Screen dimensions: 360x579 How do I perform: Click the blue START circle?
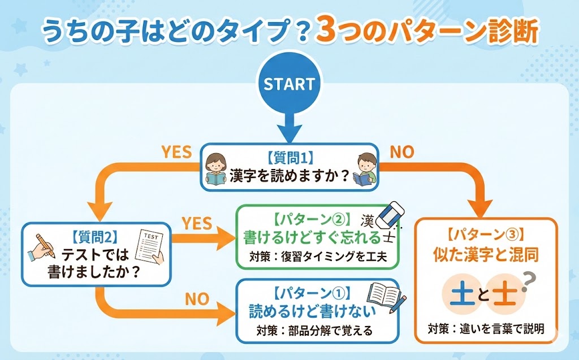[x=289, y=84]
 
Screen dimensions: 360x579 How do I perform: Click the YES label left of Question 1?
[x=176, y=152]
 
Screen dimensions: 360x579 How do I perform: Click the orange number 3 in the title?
[x=327, y=32]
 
